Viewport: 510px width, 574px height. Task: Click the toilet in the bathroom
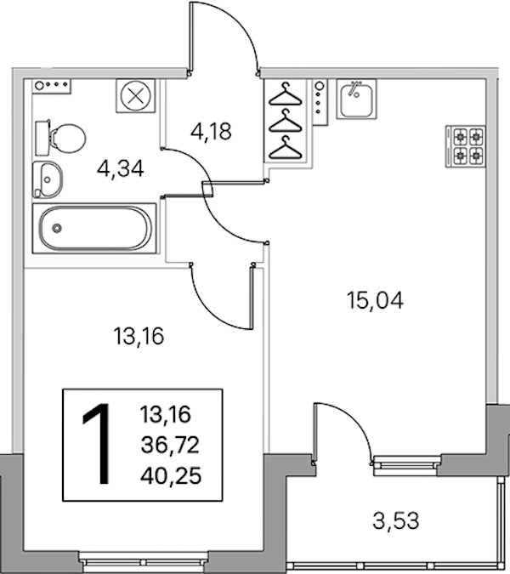(60, 138)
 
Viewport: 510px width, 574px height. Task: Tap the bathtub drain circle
(57, 228)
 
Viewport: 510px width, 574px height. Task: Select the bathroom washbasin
(48, 179)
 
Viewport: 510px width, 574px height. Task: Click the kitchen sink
(356, 99)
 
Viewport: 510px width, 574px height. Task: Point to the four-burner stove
(466, 146)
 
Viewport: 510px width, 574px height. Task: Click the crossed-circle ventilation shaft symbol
(136, 96)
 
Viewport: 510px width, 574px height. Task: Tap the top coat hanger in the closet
(286, 94)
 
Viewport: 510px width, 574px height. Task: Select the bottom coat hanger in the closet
(286, 147)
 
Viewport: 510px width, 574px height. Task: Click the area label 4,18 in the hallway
(211, 132)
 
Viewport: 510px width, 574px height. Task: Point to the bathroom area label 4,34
(121, 168)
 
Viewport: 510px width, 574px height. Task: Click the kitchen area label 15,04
(375, 300)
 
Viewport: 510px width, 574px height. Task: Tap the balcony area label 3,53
(396, 520)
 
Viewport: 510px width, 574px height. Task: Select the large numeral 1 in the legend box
(97, 444)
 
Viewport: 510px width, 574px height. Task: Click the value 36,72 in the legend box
(170, 445)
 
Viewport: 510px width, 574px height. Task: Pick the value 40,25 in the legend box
(171, 476)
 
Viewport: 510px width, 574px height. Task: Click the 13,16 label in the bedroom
(139, 336)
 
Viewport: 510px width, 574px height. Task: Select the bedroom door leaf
(252, 298)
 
